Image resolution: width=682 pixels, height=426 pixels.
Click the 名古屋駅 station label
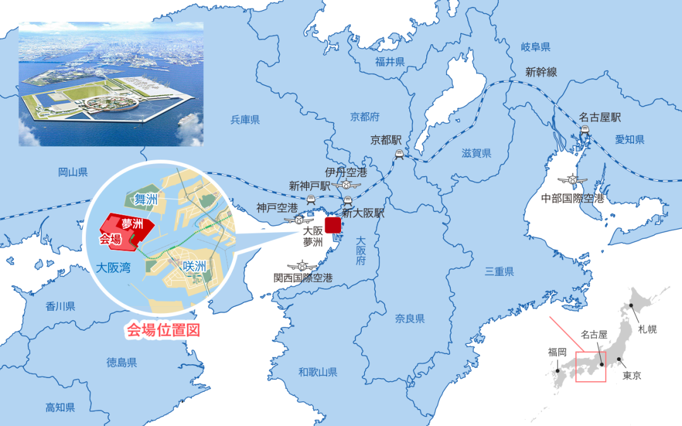pos(600,117)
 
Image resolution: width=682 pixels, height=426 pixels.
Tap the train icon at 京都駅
pos(399,153)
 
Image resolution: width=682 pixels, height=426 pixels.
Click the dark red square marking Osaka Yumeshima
pos(333,225)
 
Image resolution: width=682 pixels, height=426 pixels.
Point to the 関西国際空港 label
pos(303,278)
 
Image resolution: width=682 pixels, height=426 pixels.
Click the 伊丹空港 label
pos(347,172)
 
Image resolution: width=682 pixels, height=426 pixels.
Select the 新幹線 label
pos(541,72)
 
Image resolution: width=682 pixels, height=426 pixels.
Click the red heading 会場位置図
pos(164,329)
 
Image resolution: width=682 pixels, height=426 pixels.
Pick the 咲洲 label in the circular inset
pos(194,266)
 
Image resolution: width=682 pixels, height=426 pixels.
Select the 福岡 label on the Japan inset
pos(558,352)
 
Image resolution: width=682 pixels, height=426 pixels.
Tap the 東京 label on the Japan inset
pos(631,376)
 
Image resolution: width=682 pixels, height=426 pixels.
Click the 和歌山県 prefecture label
pos(318,372)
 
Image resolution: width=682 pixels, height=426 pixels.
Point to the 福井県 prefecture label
pos(390,61)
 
